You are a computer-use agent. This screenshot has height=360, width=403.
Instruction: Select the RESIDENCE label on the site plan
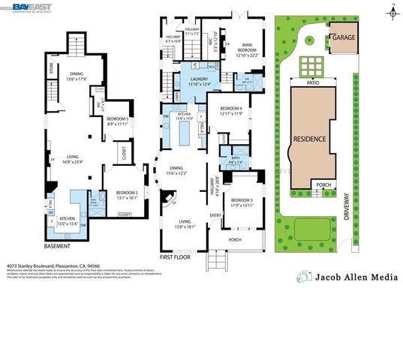click(x=309, y=139)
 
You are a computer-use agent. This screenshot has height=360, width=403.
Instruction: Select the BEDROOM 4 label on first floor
click(x=230, y=109)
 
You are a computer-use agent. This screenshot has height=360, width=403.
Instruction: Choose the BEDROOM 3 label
click(x=242, y=200)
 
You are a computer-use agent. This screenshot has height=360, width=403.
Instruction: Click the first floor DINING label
click(x=176, y=169)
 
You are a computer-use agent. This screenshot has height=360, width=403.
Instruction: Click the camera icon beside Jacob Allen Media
click(x=305, y=277)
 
